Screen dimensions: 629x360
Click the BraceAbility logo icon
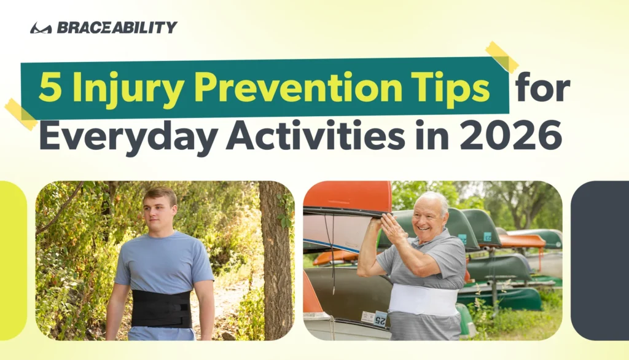point(41,28)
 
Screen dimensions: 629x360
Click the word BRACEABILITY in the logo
point(117,27)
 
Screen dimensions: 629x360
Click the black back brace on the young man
point(162,308)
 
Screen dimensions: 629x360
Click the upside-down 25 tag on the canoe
point(380,320)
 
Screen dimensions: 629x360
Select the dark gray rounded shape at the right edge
point(600,260)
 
